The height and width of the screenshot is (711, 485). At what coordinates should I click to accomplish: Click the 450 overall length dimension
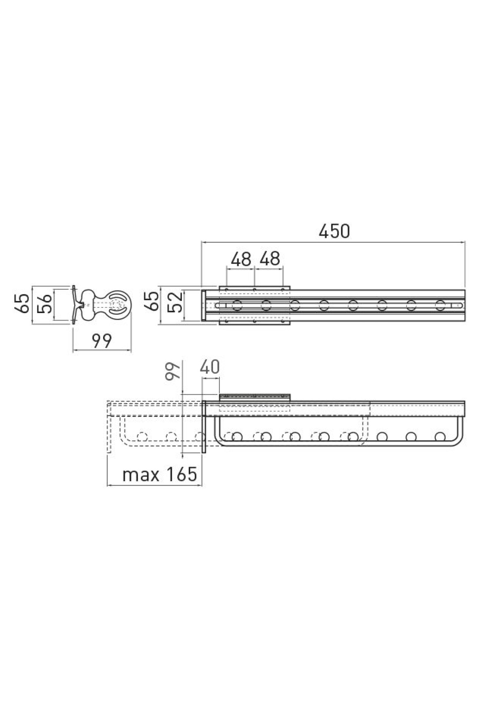coord(333,231)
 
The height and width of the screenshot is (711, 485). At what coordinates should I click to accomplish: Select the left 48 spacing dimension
coord(241,259)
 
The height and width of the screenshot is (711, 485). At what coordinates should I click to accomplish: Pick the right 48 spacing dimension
coord(270,259)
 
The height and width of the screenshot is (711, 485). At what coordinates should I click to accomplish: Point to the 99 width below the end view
coord(101,342)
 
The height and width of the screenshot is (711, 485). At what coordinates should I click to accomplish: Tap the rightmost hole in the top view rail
coord(440,305)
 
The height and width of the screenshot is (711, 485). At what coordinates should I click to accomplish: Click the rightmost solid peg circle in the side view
coord(440,437)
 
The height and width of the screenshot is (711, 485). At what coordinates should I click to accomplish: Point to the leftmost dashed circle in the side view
coord(141,437)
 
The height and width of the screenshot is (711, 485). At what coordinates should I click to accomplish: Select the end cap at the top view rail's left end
coord(204,305)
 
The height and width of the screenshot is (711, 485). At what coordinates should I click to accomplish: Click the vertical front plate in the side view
coord(204,427)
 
